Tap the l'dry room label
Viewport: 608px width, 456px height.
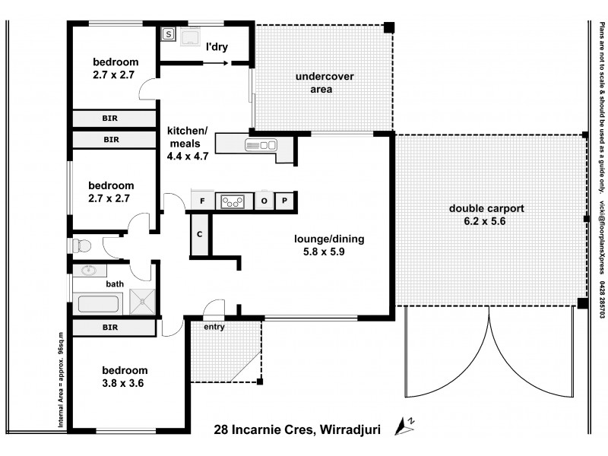coord(218,48)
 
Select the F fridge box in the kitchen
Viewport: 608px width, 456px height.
coord(202,201)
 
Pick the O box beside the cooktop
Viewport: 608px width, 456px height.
coord(264,201)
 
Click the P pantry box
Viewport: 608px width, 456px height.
coord(284,201)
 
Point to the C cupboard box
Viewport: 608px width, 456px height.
coord(200,234)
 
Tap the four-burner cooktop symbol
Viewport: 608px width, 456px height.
coord(233,201)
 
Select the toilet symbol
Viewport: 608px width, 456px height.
coord(84,245)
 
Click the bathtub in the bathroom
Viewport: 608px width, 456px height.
coord(97,303)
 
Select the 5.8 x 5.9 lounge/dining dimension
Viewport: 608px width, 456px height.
coord(330,252)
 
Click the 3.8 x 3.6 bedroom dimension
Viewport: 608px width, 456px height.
coord(123,383)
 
